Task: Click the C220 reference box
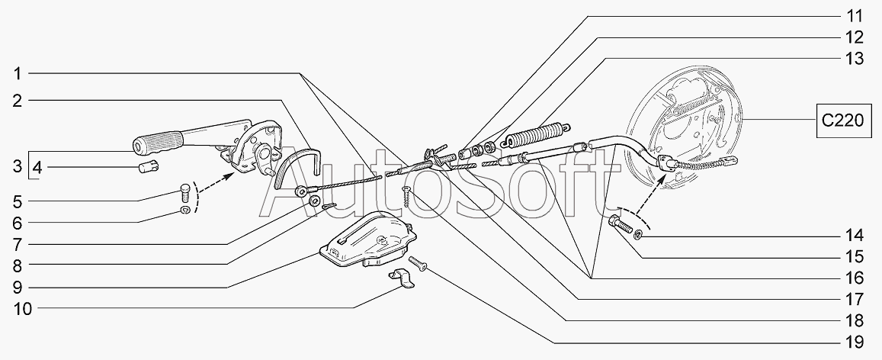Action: tap(843, 121)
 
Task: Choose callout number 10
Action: tap(17, 310)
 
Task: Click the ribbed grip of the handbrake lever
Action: tap(158, 142)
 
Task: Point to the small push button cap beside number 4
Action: tap(146, 168)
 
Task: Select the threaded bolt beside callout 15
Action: tap(621, 226)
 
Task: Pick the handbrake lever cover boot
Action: tap(368, 238)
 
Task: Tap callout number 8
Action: tap(17, 266)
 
